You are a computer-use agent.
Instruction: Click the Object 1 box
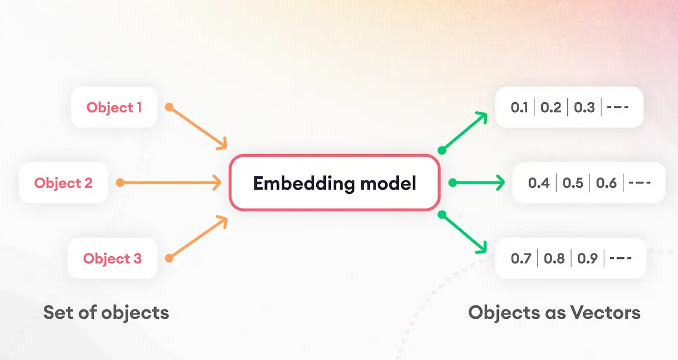(114, 107)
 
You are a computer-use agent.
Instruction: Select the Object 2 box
(63, 183)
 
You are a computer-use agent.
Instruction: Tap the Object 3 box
(112, 258)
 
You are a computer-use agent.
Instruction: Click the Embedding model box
(334, 183)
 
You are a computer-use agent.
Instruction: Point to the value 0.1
(519, 107)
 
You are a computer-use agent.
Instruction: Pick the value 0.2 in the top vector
(551, 107)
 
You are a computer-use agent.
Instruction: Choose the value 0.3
(584, 107)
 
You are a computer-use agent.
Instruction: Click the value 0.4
(539, 183)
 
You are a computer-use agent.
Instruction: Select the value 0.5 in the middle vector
(573, 183)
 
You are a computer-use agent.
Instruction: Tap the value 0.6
(606, 183)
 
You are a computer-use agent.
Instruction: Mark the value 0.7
(520, 258)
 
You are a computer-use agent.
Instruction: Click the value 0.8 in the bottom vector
(554, 258)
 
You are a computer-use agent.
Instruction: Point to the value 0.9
(587, 258)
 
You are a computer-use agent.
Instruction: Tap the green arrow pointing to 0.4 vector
(478, 183)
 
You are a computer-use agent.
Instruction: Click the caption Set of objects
(106, 312)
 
